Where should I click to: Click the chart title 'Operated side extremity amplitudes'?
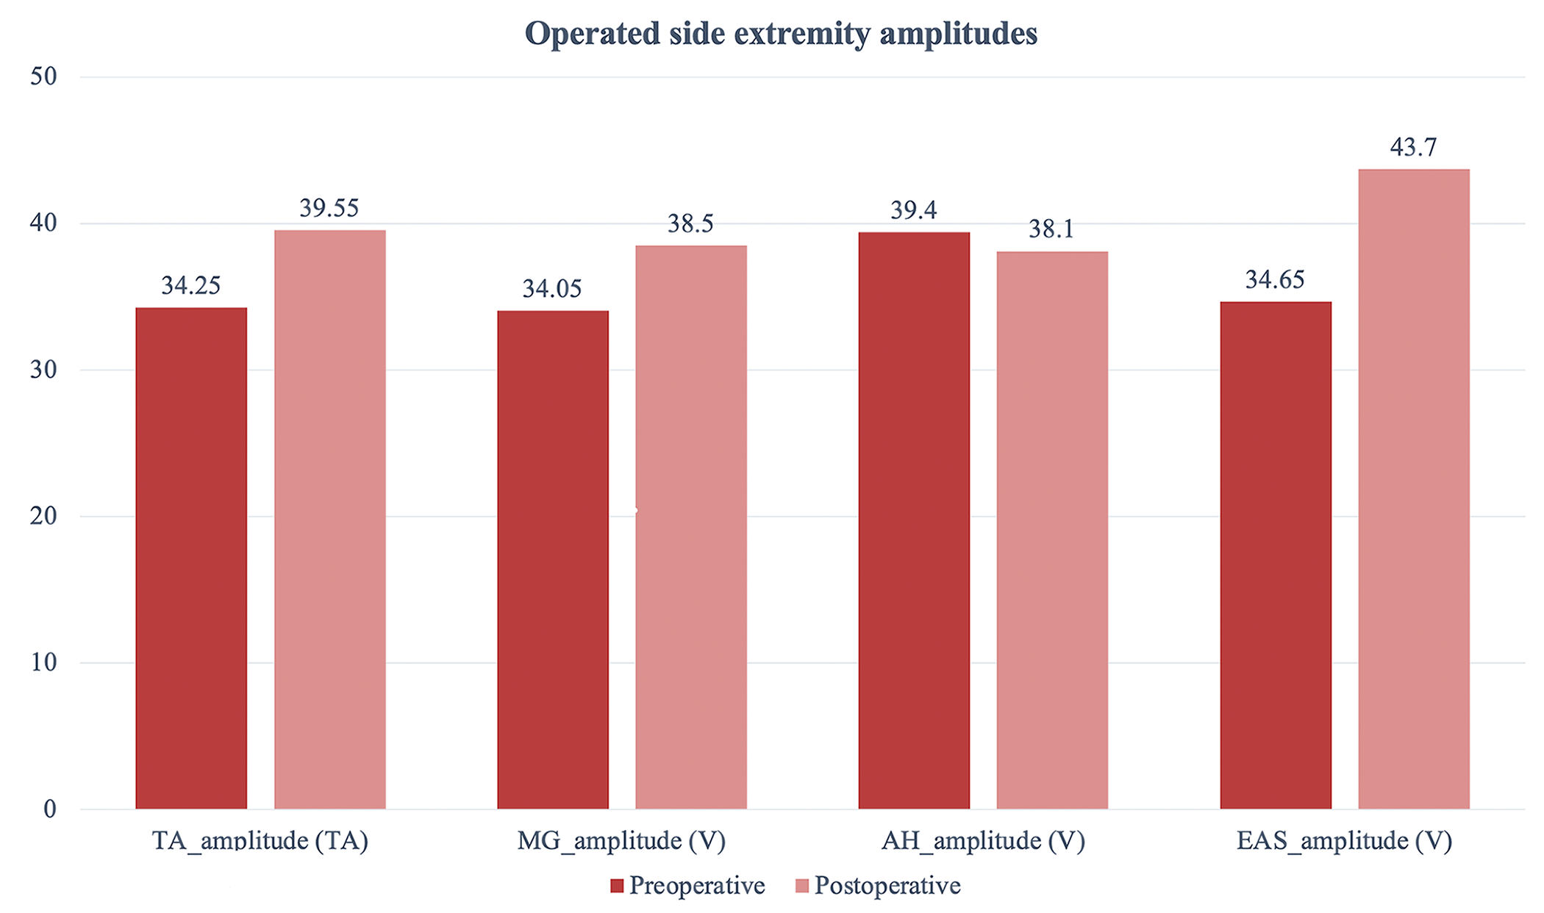tap(781, 34)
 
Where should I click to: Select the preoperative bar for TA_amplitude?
tap(191, 559)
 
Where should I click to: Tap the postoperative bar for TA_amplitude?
tap(330, 520)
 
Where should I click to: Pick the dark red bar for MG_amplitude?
tap(553, 560)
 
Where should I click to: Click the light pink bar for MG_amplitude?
tap(691, 527)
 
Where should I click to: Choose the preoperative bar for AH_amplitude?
tap(914, 520)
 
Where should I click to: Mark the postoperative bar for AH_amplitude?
tap(1052, 530)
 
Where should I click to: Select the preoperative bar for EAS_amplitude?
tap(1276, 555)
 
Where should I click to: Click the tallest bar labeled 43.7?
tap(1414, 489)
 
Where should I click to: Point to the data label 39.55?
tap(329, 209)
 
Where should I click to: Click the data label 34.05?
tap(552, 289)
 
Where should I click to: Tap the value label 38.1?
tap(1051, 229)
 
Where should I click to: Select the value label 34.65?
tap(1275, 280)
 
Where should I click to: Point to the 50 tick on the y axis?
tap(43, 76)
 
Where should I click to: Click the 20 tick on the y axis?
tap(43, 516)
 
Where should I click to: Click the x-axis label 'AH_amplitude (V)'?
tap(983, 841)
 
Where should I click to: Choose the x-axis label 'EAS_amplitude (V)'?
tap(1344, 841)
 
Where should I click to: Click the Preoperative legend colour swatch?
tap(617, 886)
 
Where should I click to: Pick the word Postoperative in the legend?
tap(887, 886)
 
